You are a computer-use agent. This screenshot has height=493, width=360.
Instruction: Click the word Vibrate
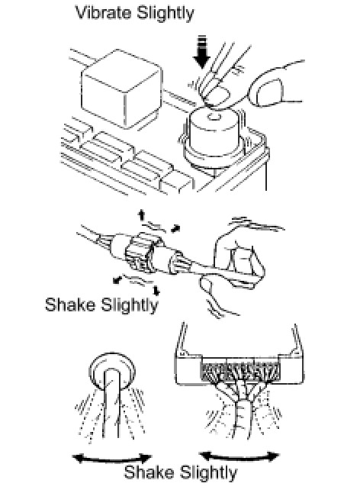(x=104, y=13)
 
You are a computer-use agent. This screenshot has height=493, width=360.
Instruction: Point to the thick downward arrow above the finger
(x=201, y=51)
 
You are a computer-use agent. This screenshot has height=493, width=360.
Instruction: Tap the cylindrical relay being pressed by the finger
(x=214, y=135)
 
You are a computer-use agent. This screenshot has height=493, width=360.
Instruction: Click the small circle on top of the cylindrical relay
(x=214, y=118)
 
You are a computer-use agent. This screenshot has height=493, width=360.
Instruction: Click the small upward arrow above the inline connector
(x=142, y=215)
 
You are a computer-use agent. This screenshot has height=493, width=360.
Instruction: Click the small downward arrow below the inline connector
(x=156, y=291)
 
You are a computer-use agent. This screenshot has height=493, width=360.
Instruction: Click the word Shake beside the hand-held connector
(x=70, y=304)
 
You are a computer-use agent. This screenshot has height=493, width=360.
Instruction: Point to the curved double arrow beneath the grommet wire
(x=112, y=459)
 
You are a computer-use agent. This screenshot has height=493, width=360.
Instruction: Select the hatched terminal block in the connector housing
(x=240, y=372)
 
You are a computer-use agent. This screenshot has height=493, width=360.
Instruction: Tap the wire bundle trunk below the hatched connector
(x=243, y=418)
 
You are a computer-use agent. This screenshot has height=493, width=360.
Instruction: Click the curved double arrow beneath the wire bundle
(x=239, y=456)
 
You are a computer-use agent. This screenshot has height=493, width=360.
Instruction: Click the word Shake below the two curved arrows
(x=149, y=472)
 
